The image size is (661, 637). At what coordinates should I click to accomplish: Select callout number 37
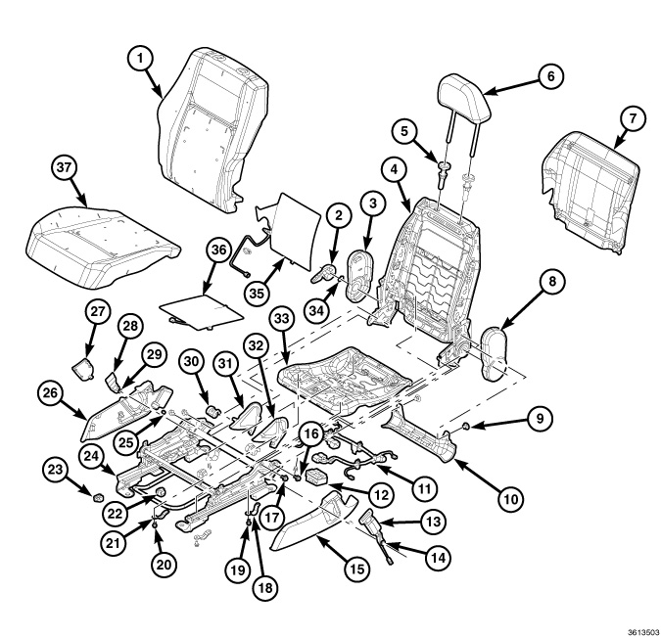click(65, 168)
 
